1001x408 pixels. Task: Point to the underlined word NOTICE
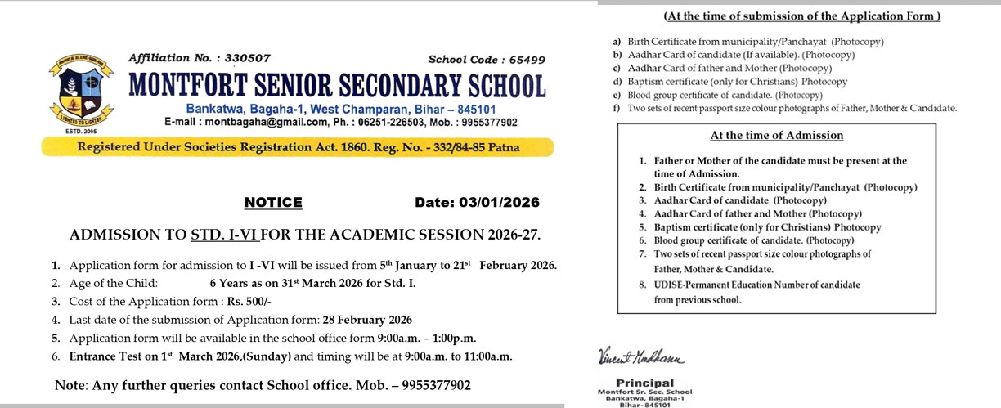coord(273,203)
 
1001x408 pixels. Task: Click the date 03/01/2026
coord(498,203)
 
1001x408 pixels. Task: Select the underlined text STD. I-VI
coord(224,235)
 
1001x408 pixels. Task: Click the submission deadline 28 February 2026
coord(368,319)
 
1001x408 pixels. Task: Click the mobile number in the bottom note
coord(431,385)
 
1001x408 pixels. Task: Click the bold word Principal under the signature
coord(644,383)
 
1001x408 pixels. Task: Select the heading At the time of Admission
coord(776,136)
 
